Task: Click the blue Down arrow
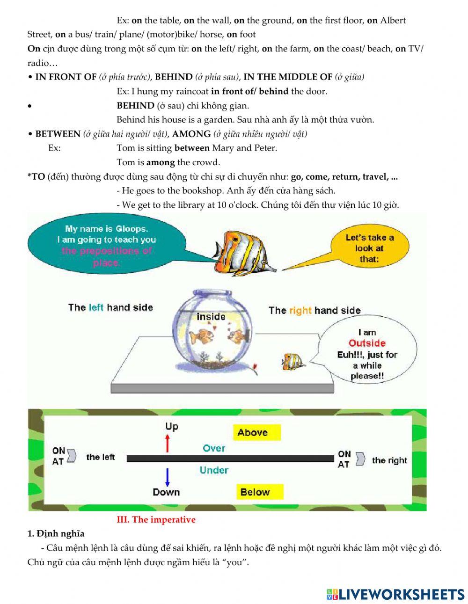pos(167,477)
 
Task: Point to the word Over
pos(214,448)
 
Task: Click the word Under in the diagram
pos(214,470)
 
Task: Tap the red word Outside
pos(367,343)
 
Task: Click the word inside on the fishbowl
pos(211,317)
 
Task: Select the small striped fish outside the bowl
pos(293,361)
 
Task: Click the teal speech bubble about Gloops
pos(107,245)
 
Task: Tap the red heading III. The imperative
pos(156,520)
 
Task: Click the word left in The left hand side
pos(95,307)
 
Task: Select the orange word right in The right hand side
pos(300,310)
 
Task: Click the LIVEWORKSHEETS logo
pos(395,594)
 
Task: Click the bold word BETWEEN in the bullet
pos(58,134)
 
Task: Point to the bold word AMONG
pos(191,134)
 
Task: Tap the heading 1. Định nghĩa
pos(56,534)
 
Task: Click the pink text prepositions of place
pos(107,256)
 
